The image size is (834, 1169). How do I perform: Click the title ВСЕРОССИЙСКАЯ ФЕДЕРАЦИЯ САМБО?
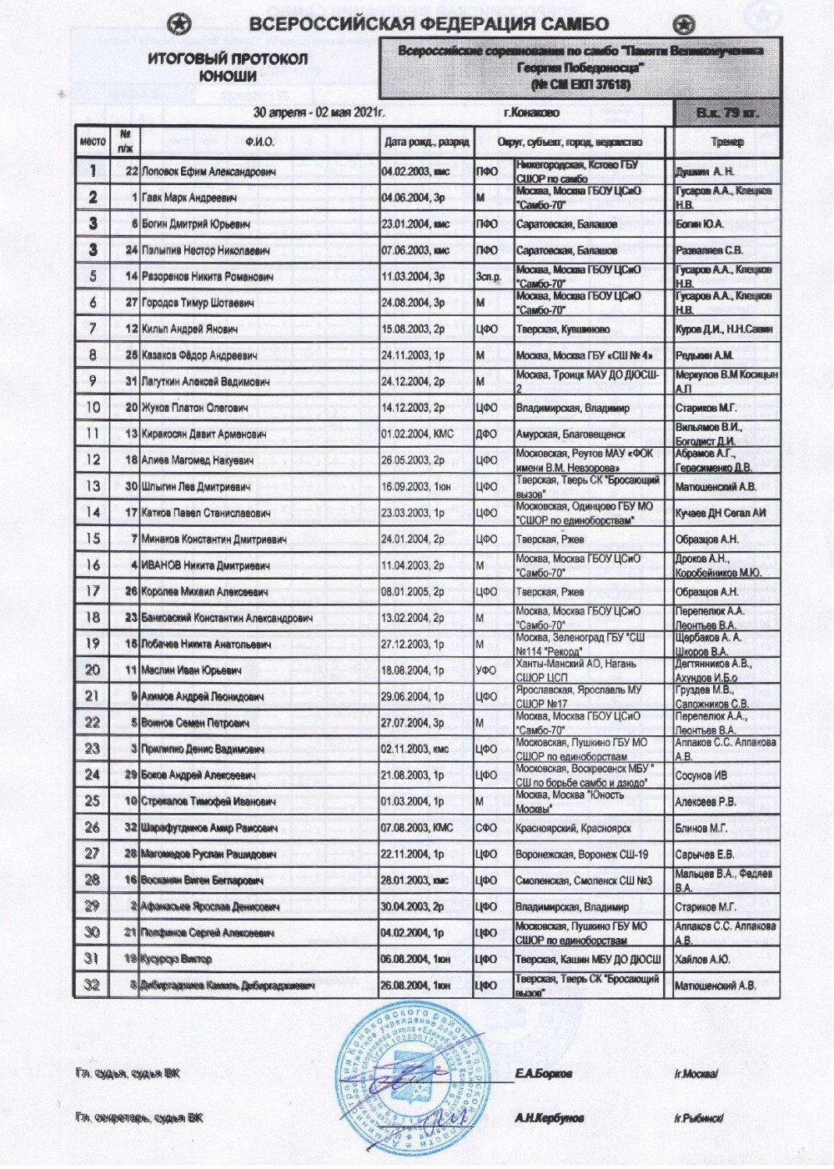coord(429,24)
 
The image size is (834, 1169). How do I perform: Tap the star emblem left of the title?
coord(183,24)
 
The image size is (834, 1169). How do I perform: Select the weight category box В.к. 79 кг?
coord(727,113)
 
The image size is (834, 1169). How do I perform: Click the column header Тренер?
coord(727,142)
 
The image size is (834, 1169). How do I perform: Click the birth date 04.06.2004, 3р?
coord(414,198)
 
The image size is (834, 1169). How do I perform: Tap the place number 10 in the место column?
coord(93,408)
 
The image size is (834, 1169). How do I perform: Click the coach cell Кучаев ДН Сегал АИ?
coord(720,513)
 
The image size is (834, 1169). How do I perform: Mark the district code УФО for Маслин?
coord(486,670)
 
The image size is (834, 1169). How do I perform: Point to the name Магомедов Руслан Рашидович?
coord(208,855)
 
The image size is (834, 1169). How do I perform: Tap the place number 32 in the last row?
coord(93,986)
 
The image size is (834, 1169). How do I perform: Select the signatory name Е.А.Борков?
coord(543,1073)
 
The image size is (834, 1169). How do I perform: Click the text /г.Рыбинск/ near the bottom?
coord(698,1118)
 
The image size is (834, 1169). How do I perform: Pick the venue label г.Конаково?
coord(532,113)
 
